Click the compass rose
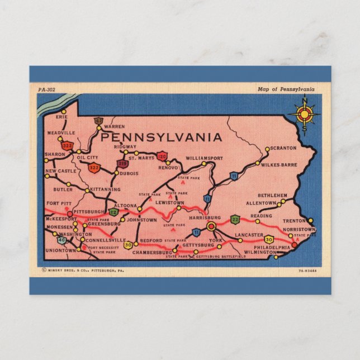click(305, 115)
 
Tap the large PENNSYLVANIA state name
click(162, 137)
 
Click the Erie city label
click(61, 117)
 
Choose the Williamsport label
click(204, 158)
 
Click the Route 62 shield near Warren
click(99, 121)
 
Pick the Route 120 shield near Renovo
click(162, 156)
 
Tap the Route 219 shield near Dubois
click(122, 163)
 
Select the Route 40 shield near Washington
click(61, 240)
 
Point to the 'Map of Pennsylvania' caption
click(286, 89)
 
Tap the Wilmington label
click(259, 252)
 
